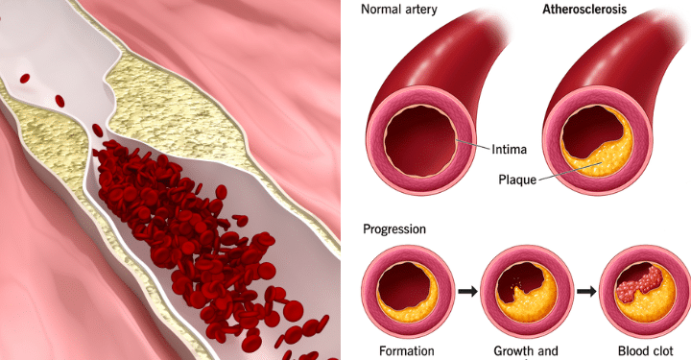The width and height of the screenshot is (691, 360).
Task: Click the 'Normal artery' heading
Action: (x=399, y=10)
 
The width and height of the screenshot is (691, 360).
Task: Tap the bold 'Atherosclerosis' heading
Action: (x=584, y=10)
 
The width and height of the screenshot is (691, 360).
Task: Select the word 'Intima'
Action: (x=509, y=150)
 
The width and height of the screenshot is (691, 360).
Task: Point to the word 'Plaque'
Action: (x=517, y=180)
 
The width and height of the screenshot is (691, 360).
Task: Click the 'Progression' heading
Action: (x=394, y=229)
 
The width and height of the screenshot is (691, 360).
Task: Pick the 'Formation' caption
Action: (x=406, y=351)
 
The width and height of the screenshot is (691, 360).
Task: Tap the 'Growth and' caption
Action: (x=525, y=351)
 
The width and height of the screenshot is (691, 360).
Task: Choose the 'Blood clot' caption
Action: (x=646, y=351)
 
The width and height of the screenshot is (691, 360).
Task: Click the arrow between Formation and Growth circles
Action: (x=467, y=291)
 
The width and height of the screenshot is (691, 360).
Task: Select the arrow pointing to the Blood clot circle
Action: (x=586, y=291)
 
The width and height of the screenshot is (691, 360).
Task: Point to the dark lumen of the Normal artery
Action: (x=421, y=141)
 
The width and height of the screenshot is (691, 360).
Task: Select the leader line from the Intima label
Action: (x=473, y=144)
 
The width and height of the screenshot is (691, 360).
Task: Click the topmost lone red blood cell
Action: (x=25, y=78)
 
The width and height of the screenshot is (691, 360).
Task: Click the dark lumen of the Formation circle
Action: (x=403, y=285)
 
